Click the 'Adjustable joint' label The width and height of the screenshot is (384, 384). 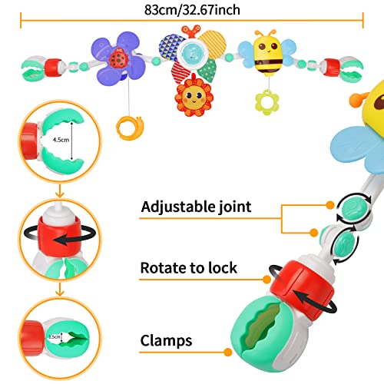pos(197,207)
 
